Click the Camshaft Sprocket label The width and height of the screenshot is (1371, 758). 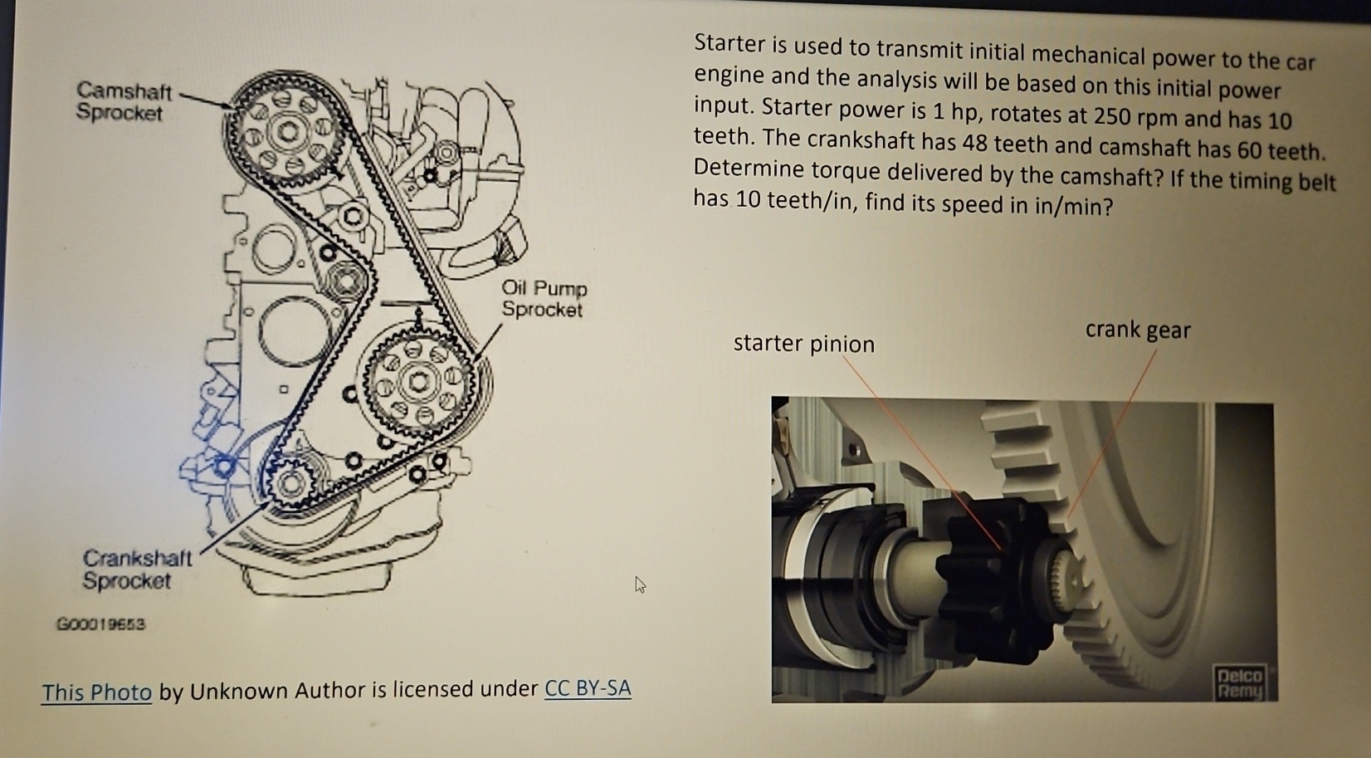124,101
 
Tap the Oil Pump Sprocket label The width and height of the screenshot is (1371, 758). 544,299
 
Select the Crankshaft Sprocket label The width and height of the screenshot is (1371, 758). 136,569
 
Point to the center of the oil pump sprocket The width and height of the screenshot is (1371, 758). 417,381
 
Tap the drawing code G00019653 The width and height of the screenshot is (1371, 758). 100,624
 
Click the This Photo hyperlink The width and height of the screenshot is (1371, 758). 96,692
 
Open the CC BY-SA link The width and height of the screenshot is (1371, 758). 588,688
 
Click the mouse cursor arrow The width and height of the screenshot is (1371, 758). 640,584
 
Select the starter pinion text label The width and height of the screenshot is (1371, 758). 803,343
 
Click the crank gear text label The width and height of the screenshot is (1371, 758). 1137,330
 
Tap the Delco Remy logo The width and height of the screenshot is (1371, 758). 1239,682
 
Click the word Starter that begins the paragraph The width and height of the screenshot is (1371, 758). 729,43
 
